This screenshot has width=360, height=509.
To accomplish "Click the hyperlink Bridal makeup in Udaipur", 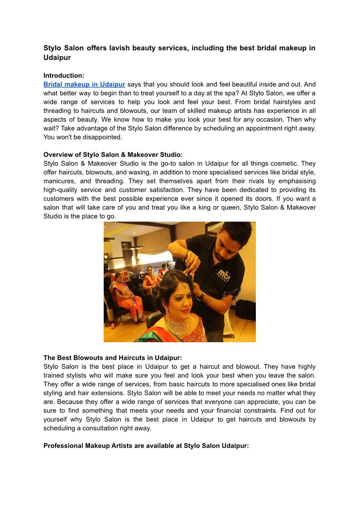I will click(84, 84).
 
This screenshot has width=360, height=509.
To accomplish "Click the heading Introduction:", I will click(64, 76).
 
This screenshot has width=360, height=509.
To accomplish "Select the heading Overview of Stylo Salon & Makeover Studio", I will click(113, 155).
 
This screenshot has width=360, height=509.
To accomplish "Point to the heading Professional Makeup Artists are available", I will click(146, 446).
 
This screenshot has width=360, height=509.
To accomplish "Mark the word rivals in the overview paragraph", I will click(231, 181).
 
